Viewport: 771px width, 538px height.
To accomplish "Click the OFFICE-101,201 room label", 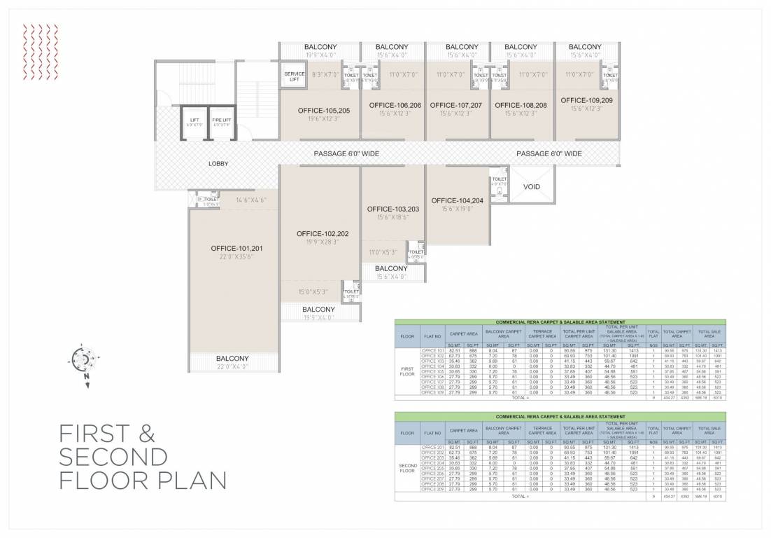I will pos(236,248).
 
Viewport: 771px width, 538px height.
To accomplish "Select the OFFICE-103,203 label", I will pos(392,209).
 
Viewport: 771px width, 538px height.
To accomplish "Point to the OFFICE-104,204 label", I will pos(458,200).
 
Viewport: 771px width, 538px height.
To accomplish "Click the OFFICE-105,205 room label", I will pos(324,111).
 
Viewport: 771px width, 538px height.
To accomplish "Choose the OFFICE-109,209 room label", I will pos(586,100).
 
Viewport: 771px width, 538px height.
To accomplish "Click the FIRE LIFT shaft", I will pos(222,123).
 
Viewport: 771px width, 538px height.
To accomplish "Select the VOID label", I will pos(532,187).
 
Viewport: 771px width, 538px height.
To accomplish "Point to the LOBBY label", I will pos(218,164).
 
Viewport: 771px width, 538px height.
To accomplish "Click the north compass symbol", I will pos(82,359).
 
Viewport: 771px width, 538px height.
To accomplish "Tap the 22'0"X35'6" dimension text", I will pos(236,257).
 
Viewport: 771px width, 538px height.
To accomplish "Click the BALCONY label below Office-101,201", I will pos(232,359).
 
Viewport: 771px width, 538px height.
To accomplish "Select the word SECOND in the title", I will pos(113,457).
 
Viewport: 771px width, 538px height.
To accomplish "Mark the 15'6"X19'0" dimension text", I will pos(458,209).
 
